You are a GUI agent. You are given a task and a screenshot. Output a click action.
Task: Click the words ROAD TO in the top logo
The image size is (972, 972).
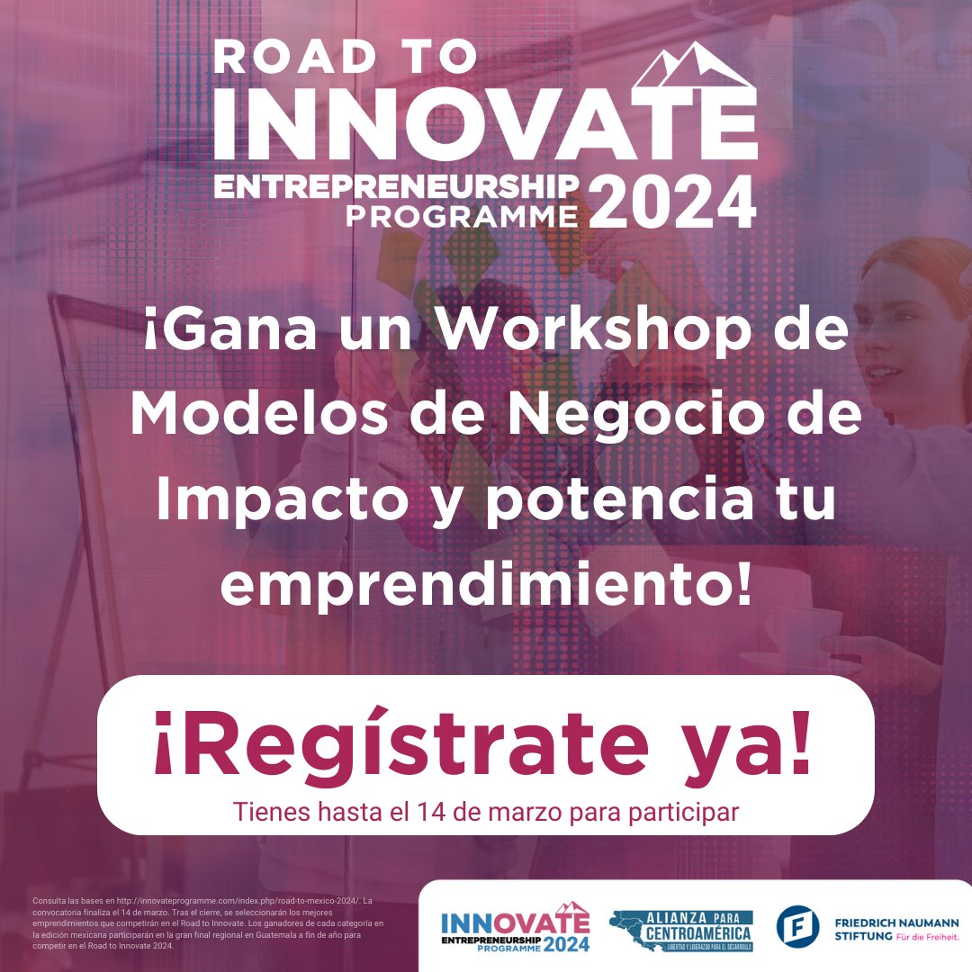345,58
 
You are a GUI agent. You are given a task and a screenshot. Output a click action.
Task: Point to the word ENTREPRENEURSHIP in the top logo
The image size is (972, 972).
395,185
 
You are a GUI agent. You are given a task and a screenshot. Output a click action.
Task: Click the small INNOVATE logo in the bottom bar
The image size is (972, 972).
514,928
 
